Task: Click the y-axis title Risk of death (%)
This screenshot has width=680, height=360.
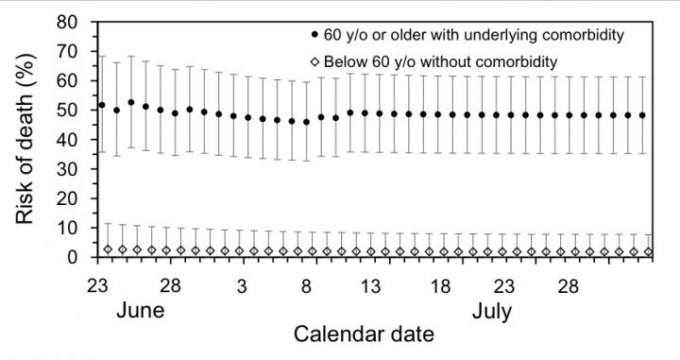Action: pyautogui.click(x=25, y=139)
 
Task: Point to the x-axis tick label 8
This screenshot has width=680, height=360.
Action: pyautogui.click(x=307, y=285)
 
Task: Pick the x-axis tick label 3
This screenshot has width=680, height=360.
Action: pyautogui.click(x=242, y=285)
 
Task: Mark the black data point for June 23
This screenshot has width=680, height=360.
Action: pyautogui.click(x=102, y=105)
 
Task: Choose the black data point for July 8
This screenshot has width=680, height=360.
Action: pyautogui.click(x=306, y=122)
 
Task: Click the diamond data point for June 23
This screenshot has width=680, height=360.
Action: pyautogui.click(x=108, y=249)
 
